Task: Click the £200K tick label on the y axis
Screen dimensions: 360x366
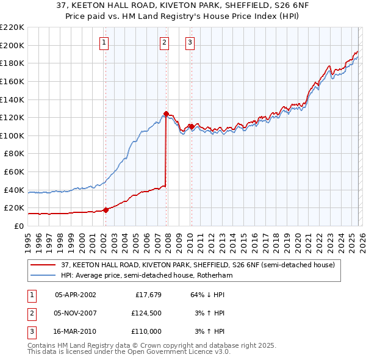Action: (x=12, y=45)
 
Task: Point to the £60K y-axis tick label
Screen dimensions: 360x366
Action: (x=13, y=171)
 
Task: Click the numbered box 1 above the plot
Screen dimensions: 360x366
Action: (x=104, y=42)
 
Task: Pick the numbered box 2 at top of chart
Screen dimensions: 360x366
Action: (x=165, y=42)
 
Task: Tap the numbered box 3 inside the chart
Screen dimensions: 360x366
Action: (x=190, y=42)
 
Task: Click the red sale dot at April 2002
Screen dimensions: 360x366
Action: (x=106, y=210)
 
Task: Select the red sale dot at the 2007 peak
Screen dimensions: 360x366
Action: (x=166, y=113)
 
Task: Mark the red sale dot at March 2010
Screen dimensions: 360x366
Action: (x=191, y=126)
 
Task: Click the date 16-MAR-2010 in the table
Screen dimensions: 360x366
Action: (x=75, y=331)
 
